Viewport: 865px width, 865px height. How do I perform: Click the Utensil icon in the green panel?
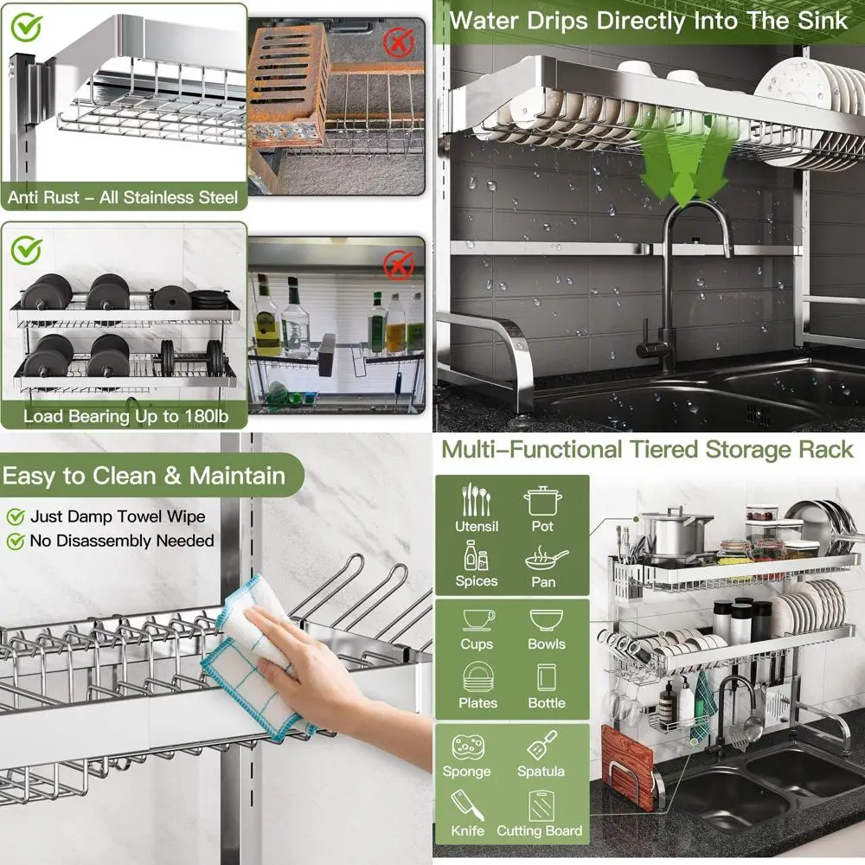click(476, 499)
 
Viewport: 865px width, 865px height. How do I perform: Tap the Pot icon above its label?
click(543, 500)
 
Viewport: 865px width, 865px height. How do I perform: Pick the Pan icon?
click(545, 559)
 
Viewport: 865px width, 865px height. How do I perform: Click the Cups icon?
click(477, 619)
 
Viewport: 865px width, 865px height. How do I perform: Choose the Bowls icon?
click(546, 619)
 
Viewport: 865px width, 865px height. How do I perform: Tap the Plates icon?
click(477, 677)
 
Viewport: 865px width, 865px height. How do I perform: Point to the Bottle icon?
click(546, 677)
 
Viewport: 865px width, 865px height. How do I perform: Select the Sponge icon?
click(467, 746)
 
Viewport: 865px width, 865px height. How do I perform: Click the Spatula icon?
click(541, 745)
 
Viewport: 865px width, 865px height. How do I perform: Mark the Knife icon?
click(468, 805)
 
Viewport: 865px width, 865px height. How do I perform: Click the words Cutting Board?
click(540, 831)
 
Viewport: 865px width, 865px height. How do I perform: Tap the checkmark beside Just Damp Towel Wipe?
click(16, 517)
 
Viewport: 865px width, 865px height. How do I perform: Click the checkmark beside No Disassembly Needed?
click(16, 541)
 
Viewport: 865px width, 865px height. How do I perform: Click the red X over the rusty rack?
click(400, 41)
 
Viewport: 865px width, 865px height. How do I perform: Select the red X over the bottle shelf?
click(399, 264)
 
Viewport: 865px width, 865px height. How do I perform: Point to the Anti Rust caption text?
click(123, 197)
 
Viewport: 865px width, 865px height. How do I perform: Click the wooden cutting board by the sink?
click(625, 766)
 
